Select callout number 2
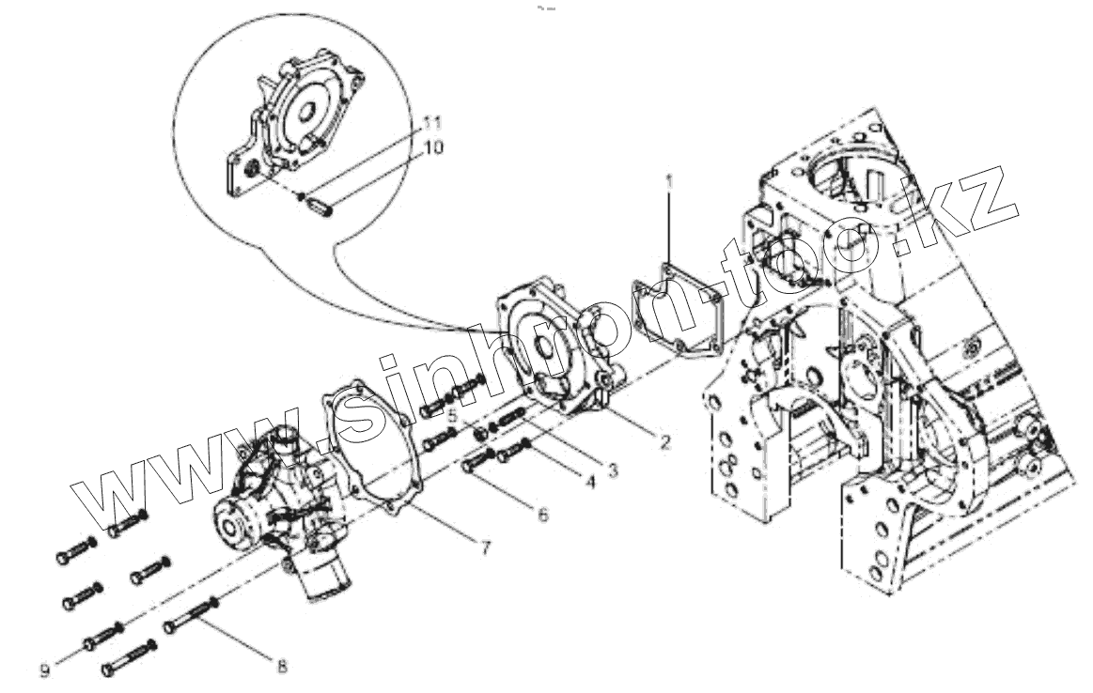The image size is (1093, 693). (664, 442)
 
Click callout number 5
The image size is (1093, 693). (452, 415)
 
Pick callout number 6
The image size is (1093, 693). (543, 514)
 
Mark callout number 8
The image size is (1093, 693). (281, 666)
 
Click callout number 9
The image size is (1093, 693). (44, 670)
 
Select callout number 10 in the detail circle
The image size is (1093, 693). (434, 147)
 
